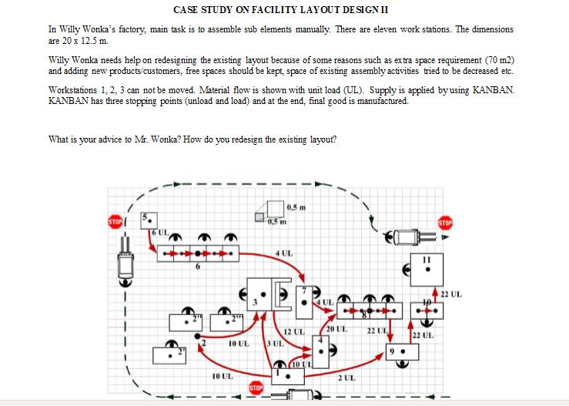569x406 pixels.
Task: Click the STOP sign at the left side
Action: point(115,222)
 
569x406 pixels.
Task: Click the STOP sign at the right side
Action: point(444,223)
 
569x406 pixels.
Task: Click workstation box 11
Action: point(425,269)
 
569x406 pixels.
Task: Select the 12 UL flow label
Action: point(294,331)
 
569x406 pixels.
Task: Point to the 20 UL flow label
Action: point(338,329)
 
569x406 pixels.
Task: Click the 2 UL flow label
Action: point(346,377)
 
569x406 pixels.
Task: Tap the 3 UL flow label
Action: point(273,341)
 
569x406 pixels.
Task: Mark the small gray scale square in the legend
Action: point(261,217)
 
